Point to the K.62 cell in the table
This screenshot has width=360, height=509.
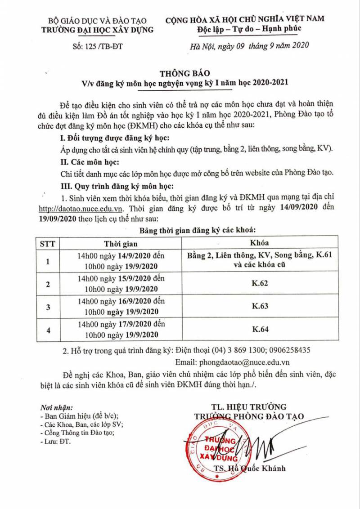(260, 284)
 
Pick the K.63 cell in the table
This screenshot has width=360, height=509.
(260, 307)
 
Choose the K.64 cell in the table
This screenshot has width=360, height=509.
(260, 330)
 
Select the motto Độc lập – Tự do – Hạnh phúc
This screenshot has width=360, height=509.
(249, 29)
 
